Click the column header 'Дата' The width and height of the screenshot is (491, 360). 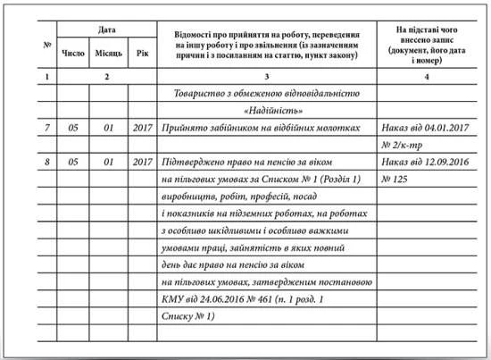[106, 30]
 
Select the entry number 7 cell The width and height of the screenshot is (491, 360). [46, 129]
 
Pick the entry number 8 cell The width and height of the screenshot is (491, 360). [46, 163]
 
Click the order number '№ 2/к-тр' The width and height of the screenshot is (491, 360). [403, 146]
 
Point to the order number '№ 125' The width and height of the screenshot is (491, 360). [395, 180]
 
